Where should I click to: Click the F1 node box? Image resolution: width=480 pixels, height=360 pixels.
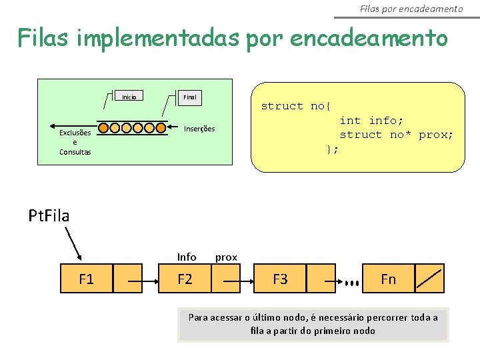(87, 279)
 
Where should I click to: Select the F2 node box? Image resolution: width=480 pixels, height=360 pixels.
(185, 279)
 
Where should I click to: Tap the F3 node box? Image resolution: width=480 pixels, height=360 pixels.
(280, 279)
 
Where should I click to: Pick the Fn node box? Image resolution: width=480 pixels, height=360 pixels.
(388, 279)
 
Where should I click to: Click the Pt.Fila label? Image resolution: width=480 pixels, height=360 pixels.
(49, 215)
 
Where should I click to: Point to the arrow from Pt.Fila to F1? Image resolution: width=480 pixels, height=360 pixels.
(73, 243)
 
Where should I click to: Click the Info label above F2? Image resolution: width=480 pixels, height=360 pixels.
(187, 257)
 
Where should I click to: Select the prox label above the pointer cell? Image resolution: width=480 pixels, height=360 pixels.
(226, 257)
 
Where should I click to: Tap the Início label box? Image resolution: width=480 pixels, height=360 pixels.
(129, 97)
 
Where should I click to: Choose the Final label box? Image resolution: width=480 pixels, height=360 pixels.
(190, 97)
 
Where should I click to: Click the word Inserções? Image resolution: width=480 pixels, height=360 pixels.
(199, 129)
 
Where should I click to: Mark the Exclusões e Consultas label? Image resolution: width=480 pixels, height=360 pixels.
(75, 142)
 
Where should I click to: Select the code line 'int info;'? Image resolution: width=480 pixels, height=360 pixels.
(371, 121)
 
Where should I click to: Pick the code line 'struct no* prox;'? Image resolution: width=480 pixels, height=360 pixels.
(396, 135)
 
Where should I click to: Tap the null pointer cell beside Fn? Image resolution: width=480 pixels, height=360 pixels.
(429, 279)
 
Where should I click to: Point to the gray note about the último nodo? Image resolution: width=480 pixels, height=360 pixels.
(313, 324)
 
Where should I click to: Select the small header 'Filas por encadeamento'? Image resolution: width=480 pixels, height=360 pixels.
(411, 9)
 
